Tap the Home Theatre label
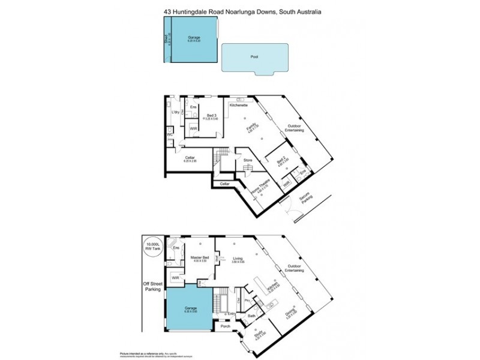(x=262, y=191)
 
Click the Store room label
(x=247, y=160)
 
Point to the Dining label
(x=290, y=313)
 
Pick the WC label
(x=170, y=135)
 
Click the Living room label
(x=238, y=259)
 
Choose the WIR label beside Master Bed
(x=175, y=278)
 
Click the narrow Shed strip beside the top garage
(x=167, y=39)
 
